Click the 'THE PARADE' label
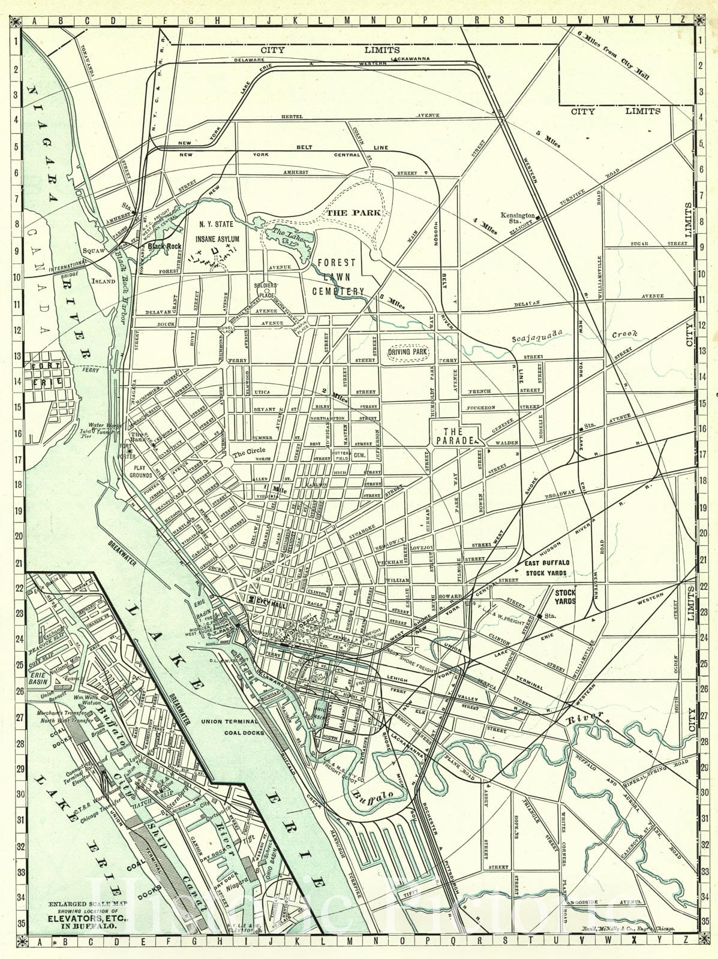[453, 436]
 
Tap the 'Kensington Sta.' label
[518, 218]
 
